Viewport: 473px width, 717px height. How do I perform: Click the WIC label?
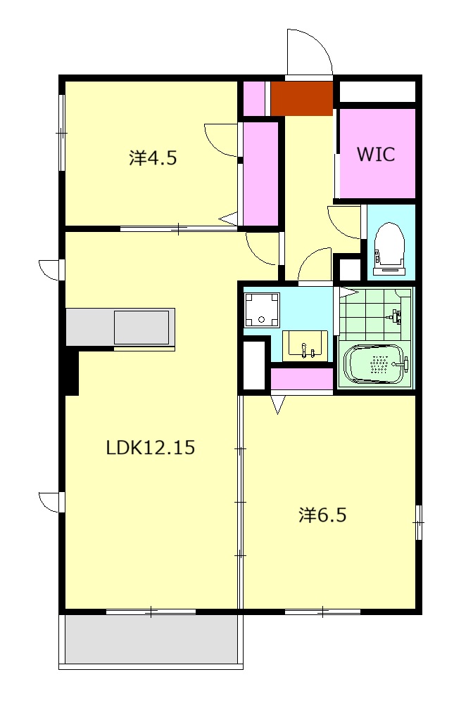(375, 154)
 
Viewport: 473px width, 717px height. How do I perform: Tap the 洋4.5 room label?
(153, 157)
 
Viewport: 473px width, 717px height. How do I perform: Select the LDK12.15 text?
(150, 447)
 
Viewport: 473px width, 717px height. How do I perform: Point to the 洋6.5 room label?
(322, 515)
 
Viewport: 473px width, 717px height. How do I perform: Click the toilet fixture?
(390, 249)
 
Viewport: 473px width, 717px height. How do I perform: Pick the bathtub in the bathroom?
(375, 364)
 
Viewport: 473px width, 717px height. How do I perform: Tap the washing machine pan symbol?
(261, 309)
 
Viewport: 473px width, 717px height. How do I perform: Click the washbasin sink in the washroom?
(305, 346)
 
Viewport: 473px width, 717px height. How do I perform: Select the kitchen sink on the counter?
(141, 327)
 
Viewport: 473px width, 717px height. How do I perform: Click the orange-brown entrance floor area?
(302, 98)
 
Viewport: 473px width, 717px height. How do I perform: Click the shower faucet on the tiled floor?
(395, 316)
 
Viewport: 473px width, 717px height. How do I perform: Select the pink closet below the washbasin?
(302, 379)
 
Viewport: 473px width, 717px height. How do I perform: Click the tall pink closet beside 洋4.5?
(260, 174)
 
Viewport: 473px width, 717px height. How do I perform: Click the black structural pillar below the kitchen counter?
(71, 371)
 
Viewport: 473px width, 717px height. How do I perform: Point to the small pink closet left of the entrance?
(253, 98)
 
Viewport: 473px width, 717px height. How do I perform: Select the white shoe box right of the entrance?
(377, 92)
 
